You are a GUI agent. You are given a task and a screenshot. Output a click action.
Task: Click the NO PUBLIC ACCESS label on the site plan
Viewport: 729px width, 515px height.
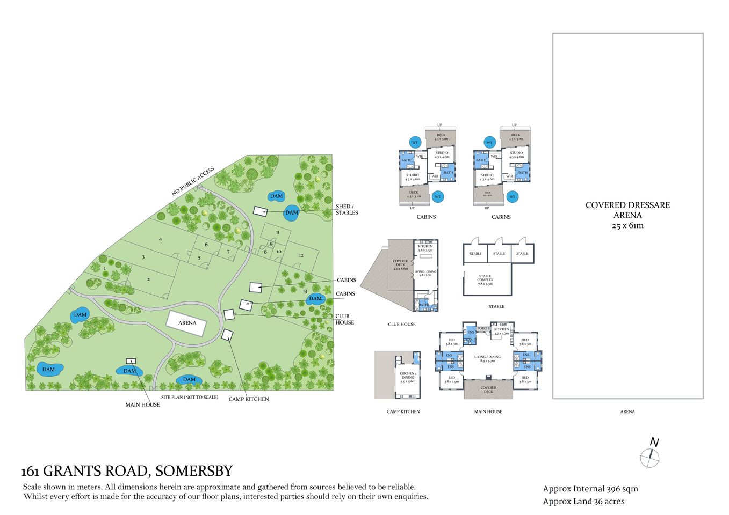[x=192, y=181]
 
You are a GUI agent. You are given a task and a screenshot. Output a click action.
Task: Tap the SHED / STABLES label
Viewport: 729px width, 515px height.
[x=347, y=210]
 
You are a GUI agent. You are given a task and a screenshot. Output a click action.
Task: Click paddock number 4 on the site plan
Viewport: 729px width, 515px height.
[x=160, y=239]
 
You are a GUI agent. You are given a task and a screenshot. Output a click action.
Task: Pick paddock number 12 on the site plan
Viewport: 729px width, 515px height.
[x=301, y=255]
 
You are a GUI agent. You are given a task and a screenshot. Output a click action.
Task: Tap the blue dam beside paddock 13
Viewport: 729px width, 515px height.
[x=315, y=299]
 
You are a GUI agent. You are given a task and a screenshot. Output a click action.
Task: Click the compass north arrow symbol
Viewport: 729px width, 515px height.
[x=651, y=455]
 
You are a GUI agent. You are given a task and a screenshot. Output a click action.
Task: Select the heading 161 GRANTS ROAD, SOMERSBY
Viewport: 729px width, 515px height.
[x=127, y=471]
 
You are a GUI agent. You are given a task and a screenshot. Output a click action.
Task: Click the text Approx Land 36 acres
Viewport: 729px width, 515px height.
[x=583, y=501]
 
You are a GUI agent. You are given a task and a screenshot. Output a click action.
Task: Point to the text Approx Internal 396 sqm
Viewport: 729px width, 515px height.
[x=590, y=489]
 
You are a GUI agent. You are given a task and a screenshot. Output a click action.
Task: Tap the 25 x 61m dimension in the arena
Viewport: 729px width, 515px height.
[x=627, y=226]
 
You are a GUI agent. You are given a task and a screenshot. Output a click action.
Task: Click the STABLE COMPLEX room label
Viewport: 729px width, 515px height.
[x=485, y=279]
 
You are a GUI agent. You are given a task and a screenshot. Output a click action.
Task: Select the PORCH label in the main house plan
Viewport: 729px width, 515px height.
[x=483, y=328]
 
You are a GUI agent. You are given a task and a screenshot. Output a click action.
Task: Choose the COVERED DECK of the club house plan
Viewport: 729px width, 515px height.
[x=400, y=264]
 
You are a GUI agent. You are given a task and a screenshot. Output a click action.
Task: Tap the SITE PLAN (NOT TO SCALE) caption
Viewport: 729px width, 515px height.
[x=190, y=398]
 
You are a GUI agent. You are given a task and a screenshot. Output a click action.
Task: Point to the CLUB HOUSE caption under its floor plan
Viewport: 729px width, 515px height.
[x=402, y=325]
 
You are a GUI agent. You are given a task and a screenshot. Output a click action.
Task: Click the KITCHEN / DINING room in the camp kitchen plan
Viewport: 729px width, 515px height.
[x=407, y=376]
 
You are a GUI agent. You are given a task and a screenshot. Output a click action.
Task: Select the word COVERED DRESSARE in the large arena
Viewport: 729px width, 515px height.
[x=627, y=205]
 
